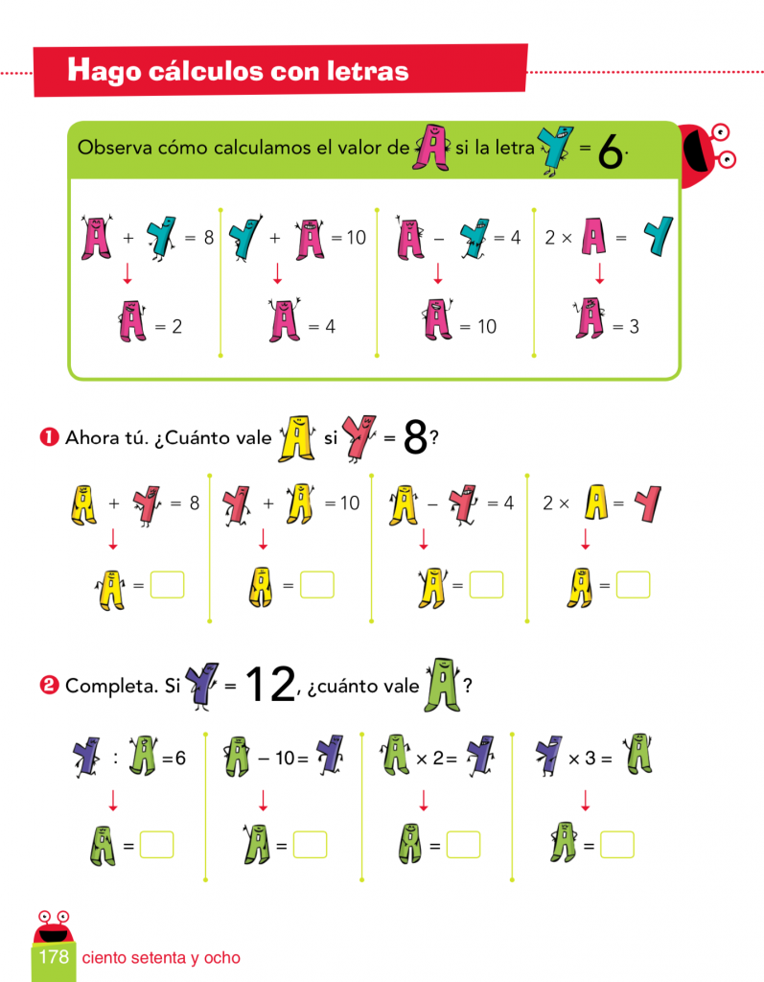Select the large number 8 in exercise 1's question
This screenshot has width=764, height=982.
(x=415, y=436)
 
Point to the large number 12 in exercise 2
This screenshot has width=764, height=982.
(x=270, y=684)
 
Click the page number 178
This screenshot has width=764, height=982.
(x=54, y=956)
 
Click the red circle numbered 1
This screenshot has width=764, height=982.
(x=50, y=436)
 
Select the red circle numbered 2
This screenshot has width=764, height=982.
(x=50, y=685)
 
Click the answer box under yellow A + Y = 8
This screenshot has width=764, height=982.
(x=167, y=585)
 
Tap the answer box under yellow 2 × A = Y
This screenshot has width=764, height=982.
(x=633, y=585)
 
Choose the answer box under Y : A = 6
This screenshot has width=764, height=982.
(x=156, y=844)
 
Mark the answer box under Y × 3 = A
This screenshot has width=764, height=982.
(x=617, y=844)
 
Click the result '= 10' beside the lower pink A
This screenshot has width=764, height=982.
(x=477, y=326)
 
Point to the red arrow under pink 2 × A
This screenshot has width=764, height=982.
(x=600, y=273)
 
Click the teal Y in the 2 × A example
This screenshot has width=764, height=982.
(x=659, y=236)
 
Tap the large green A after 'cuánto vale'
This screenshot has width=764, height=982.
(x=443, y=685)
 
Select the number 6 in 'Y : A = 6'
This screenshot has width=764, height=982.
(x=180, y=759)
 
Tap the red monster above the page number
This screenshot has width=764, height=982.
(x=54, y=927)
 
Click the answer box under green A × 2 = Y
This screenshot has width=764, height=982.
(x=463, y=844)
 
